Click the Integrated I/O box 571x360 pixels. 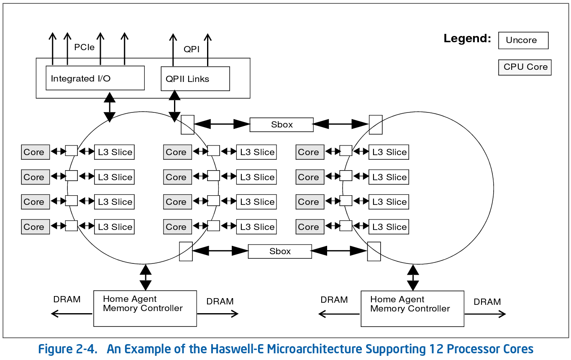(x=95, y=78)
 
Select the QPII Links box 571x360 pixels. (x=195, y=79)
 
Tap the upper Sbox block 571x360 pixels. (x=282, y=125)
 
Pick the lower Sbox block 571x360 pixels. (x=280, y=251)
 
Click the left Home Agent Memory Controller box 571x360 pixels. (x=145, y=309)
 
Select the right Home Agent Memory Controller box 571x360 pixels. (x=412, y=309)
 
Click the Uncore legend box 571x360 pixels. (x=523, y=41)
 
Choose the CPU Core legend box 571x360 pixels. (x=525, y=67)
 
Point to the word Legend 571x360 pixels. (x=467, y=39)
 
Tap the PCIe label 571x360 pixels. (x=84, y=47)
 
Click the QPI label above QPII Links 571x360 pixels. (x=192, y=49)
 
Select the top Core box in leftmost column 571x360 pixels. (x=35, y=152)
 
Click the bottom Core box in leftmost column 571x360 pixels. (x=35, y=227)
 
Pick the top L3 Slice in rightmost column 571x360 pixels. (x=389, y=152)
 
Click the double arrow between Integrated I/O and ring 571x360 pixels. (x=110, y=106)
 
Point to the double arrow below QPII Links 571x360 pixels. (x=174, y=106)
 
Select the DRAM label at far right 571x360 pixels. (x=487, y=302)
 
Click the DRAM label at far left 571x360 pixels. (x=67, y=299)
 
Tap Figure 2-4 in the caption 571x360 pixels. (x=67, y=349)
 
